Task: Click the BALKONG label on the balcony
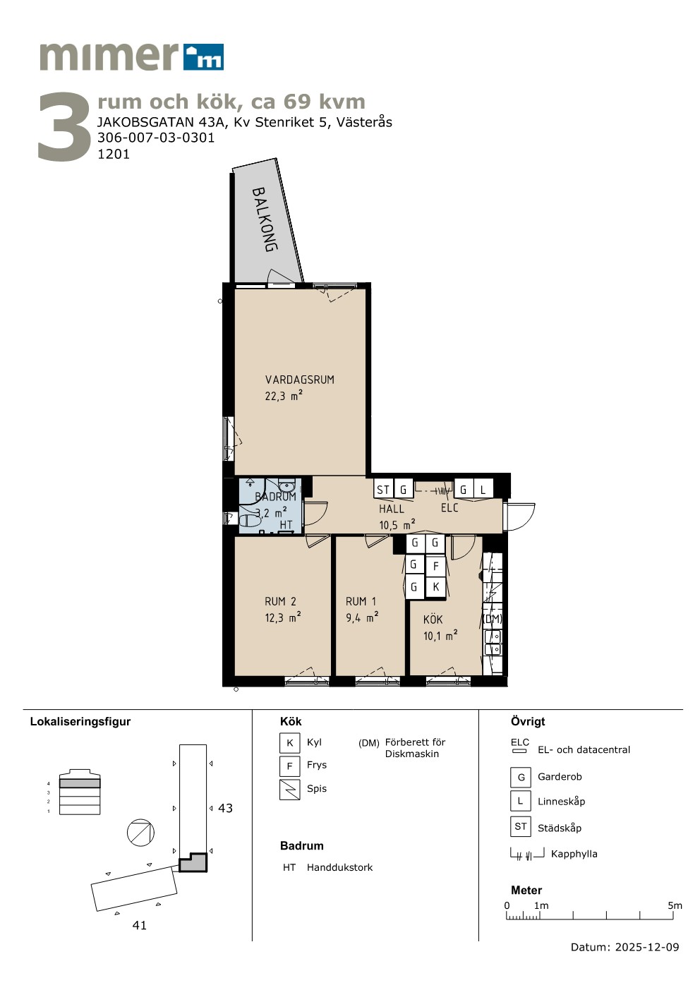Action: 265,219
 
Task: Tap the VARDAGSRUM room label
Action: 300,380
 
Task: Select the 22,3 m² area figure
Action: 283,396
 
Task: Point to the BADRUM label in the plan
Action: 275,497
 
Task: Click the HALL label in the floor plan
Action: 392,509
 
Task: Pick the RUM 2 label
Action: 280,601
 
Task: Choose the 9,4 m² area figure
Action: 362,617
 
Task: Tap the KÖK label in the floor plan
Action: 433,620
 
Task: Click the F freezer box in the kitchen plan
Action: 435,566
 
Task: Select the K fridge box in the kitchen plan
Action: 435,587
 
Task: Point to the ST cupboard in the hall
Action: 383,489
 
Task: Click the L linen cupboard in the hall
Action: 483,489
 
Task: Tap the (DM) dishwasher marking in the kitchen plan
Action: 493,620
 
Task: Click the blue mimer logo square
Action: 203,57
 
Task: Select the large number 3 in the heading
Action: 64,127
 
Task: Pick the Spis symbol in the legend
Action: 290,790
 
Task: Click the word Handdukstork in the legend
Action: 339,867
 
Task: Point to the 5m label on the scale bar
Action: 675,905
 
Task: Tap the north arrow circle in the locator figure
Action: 140,833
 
